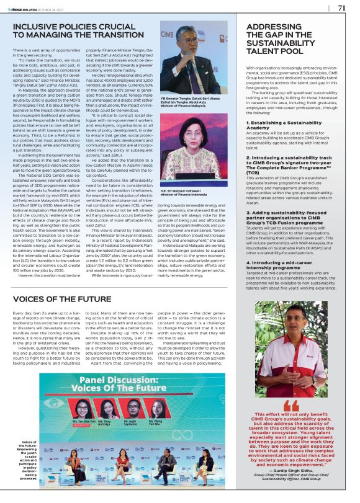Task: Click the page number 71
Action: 341,8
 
